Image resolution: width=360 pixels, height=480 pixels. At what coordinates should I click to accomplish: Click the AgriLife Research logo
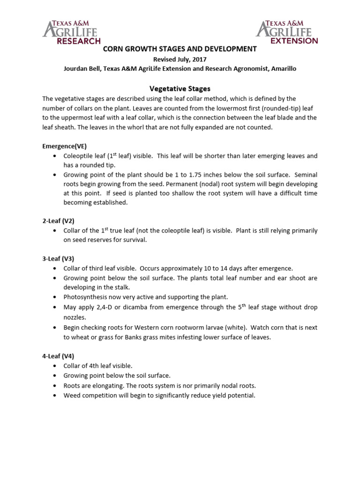71,32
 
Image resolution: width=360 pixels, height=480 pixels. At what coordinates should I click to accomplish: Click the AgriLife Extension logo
287,32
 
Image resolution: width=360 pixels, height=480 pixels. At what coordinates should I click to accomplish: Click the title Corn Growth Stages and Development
180,49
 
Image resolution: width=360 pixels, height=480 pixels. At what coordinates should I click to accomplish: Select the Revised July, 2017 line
180,60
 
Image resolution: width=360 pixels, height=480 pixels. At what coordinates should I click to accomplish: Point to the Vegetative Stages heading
180,88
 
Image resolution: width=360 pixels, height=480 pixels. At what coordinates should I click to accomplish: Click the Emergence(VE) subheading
64,146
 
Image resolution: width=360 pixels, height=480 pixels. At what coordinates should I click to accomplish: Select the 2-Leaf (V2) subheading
58,220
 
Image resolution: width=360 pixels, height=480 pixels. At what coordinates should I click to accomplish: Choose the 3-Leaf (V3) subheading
58,258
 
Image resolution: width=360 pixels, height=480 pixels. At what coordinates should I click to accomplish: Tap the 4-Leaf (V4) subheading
58,356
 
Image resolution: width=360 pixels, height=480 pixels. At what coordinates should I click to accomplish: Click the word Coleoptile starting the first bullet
79,156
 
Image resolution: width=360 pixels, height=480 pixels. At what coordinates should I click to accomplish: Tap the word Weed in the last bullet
72,395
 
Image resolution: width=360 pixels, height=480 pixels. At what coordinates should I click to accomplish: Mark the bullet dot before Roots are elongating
55,386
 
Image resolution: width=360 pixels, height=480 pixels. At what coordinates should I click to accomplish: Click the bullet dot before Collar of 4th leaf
55,366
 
